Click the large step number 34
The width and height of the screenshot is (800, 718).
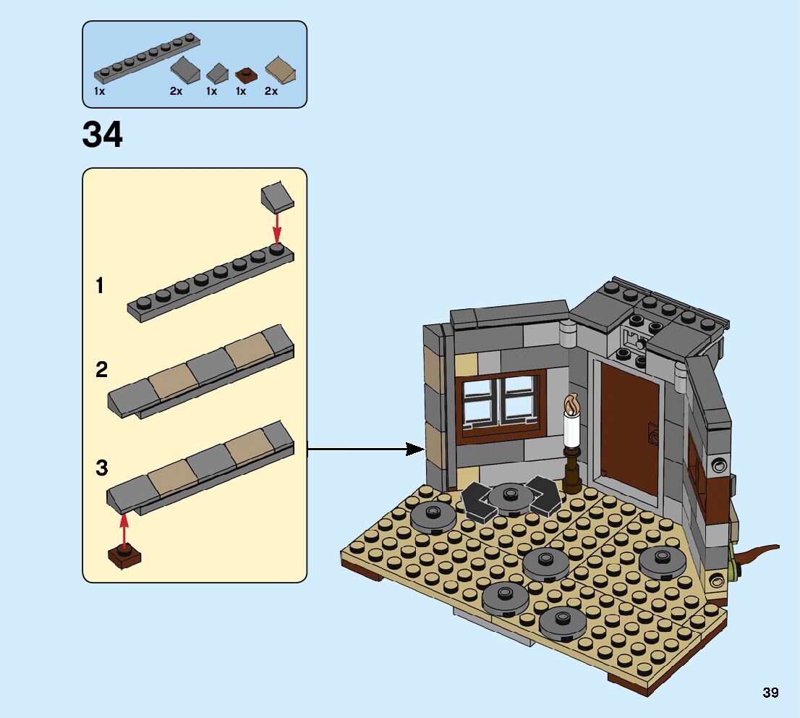[103, 135]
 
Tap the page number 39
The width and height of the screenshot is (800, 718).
[770, 693]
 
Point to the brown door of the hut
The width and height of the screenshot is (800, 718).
[629, 427]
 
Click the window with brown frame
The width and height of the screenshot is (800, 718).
[500, 404]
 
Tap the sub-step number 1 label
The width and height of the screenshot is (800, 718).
[100, 287]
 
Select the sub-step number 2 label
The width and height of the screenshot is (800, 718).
[101, 371]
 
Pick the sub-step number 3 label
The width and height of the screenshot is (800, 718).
[101, 468]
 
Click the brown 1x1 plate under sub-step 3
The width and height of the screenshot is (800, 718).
[124, 557]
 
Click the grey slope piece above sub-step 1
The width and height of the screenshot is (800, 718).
[276, 196]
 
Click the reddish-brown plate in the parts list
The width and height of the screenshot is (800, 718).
[247, 75]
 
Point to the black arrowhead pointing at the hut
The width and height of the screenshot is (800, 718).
[414, 449]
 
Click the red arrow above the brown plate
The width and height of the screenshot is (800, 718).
[124, 530]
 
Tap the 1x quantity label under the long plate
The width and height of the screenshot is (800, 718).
[100, 92]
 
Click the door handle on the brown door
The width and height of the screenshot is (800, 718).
[652, 437]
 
